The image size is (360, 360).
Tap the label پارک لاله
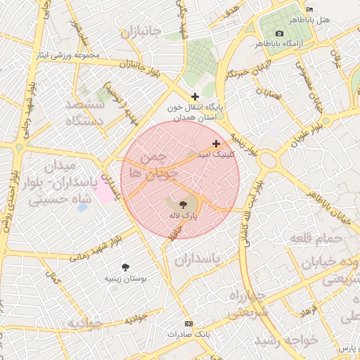[184, 216]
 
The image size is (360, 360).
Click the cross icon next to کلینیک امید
[215, 143]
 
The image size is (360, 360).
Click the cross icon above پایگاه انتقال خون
[195, 96]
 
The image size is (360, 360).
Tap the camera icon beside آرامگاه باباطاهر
[280, 34]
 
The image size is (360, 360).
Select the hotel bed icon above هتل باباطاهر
[310, 9]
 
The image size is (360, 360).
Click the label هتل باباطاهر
[314, 20]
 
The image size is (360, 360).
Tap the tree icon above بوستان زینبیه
[125, 267]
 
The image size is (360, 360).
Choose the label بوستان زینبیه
[125, 279]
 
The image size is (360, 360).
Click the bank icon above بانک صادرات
[188, 323]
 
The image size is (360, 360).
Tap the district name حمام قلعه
[320, 240]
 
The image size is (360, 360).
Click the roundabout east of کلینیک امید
[269, 160]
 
